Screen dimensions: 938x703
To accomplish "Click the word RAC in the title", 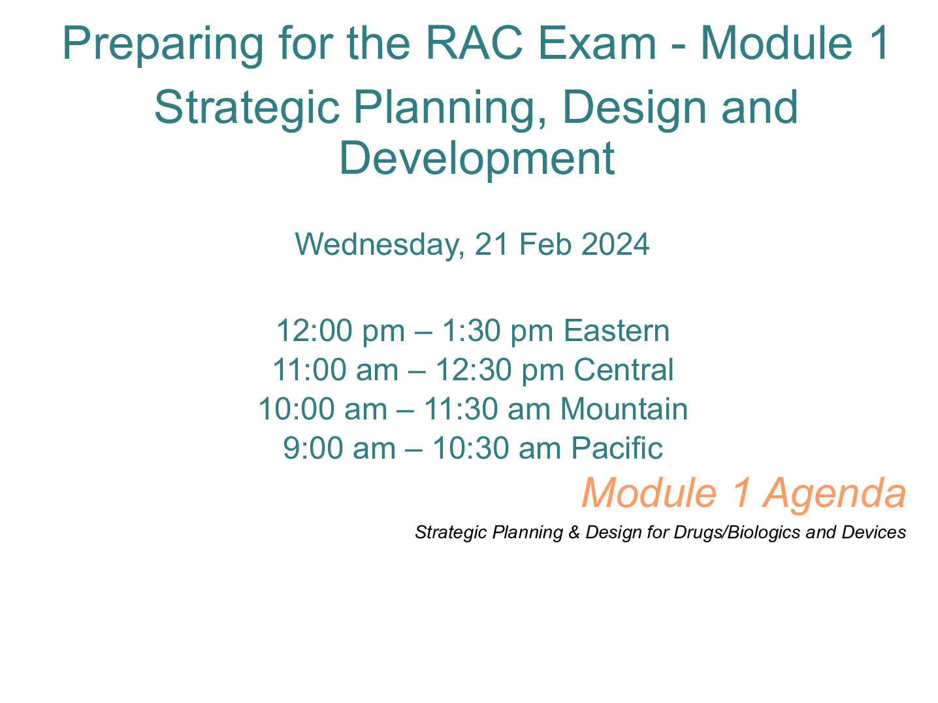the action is point(474,43).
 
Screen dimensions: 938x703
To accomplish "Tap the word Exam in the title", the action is point(597,43).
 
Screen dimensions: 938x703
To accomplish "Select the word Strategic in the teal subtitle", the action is point(246,109).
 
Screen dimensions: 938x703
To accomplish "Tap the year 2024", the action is point(615,244).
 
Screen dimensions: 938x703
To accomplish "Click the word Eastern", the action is point(616,331).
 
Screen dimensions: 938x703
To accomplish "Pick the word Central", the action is point(623,370).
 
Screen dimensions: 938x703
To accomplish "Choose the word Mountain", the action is point(623,409).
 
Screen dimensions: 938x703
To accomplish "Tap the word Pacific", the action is point(617,448).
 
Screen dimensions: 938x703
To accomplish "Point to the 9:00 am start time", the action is point(339,448).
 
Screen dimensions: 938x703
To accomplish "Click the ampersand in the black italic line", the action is point(574,532).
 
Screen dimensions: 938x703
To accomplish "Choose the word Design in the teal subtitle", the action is point(634,109).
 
